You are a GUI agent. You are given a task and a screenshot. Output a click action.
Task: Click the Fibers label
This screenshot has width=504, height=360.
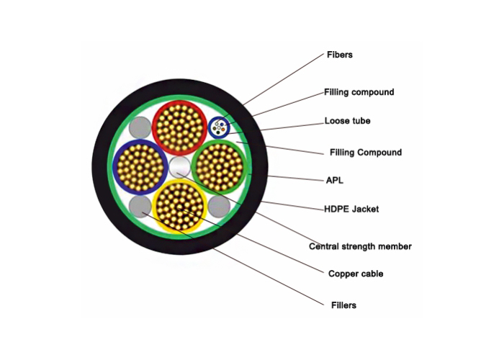(339, 55)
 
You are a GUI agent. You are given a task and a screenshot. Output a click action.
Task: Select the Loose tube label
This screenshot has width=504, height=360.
(348, 121)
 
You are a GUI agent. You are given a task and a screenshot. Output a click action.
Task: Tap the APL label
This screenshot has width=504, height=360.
(335, 180)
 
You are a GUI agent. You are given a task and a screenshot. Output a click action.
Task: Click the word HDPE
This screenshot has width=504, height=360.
(336, 210)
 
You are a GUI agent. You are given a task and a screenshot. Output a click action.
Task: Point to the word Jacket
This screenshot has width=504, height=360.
(366, 210)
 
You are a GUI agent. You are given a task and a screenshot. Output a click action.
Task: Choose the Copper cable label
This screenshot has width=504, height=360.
(356, 274)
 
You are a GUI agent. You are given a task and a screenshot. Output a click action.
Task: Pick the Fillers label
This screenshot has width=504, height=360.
(343, 305)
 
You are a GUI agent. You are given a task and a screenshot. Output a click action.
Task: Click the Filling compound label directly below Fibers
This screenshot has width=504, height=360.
(359, 92)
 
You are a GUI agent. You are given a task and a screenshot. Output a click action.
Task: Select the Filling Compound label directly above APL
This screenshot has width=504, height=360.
(366, 153)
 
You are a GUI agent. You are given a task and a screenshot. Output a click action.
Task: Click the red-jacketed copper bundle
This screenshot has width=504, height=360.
(179, 127)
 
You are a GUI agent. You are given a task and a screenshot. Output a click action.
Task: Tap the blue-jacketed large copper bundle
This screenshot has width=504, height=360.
(140, 167)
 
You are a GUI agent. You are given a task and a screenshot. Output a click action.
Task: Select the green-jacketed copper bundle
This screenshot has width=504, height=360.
(219, 167)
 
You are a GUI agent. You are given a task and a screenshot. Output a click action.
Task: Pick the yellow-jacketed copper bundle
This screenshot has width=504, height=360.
(179, 207)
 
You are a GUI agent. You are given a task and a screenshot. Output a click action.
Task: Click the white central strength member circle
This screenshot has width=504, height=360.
(180, 167)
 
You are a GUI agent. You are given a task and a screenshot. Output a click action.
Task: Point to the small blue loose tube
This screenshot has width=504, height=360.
(219, 127)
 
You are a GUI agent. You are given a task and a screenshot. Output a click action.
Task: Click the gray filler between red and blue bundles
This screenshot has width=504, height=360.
(140, 128)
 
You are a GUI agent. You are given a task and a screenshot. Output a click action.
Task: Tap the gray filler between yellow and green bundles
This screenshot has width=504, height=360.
(219, 207)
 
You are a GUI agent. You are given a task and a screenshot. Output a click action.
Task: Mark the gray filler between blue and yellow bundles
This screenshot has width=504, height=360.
(140, 207)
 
